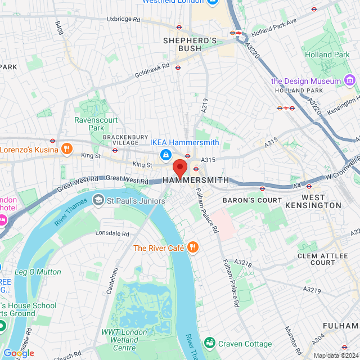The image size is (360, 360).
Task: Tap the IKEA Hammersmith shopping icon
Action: click(x=165, y=154)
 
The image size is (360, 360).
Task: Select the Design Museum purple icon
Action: click(x=350, y=81)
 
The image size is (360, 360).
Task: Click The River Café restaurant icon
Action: click(x=192, y=247)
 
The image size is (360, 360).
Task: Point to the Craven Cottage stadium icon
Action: click(x=209, y=343)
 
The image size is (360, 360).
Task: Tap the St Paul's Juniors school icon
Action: click(x=98, y=200)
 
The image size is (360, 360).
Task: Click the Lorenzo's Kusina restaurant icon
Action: click(x=66, y=149)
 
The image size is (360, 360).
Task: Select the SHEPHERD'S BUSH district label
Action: click(x=190, y=45)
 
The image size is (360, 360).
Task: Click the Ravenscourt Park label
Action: click(x=89, y=124)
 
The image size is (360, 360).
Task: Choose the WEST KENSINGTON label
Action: click(x=321, y=201)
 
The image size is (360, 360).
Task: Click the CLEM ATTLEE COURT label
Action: click(x=323, y=259)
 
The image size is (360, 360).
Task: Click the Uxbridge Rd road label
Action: click(x=123, y=19)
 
